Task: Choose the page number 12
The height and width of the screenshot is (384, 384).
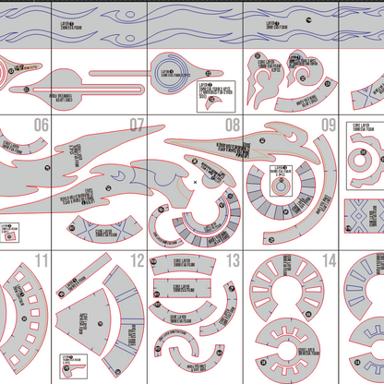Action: click(x=137, y=259)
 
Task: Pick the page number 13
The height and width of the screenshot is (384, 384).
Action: click(x=232, y=259)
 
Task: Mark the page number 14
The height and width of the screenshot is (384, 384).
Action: click(x=328, y=259)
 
